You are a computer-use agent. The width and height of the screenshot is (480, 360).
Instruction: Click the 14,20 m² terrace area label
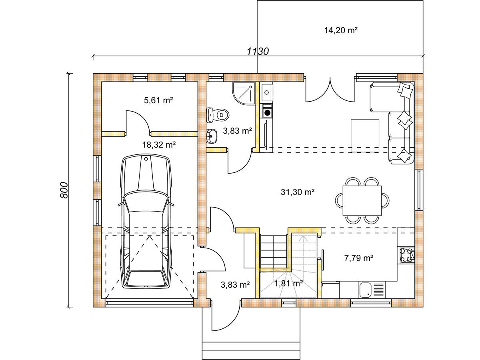[x=341, y=30]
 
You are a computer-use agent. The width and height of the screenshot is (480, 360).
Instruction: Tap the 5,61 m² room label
[x=158, y=100]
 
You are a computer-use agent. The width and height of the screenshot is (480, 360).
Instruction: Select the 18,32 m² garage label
[x=159, y=145]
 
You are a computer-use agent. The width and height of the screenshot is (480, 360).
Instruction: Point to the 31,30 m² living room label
[x=298, y=192]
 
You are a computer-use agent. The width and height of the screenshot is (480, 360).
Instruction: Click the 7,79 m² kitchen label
[x=359, y=258]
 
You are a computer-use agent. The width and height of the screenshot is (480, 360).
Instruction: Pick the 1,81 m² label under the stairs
[x=288, y=284]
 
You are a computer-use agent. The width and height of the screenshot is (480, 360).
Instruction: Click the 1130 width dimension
[x=258, y=52]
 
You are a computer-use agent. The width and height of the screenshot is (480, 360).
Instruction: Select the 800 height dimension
[x=64, y=190]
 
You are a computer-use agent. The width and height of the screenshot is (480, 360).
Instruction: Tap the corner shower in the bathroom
[x=244, y=93]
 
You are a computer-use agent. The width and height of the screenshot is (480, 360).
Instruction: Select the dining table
[x=362, y=201]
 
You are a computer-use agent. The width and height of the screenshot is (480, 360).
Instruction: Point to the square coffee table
[x=365, y=136]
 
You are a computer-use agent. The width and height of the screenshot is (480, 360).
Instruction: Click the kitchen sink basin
[x=365, y=290]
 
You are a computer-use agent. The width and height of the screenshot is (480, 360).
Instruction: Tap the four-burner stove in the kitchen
[x=407, y=256]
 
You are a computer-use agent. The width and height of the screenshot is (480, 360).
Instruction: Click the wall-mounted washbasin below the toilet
[x=212, y=136]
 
